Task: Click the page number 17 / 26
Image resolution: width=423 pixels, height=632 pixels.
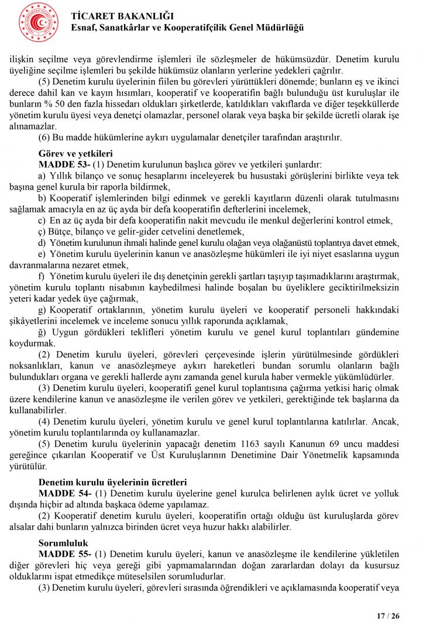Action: [388, 616]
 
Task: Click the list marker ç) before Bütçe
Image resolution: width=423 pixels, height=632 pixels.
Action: [42, 232]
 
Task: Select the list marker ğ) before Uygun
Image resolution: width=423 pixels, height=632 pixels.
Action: [42, 332]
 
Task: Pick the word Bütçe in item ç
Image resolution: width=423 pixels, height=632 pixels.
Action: [60, 232]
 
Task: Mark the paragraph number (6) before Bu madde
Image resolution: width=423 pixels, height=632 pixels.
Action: [44, 138]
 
